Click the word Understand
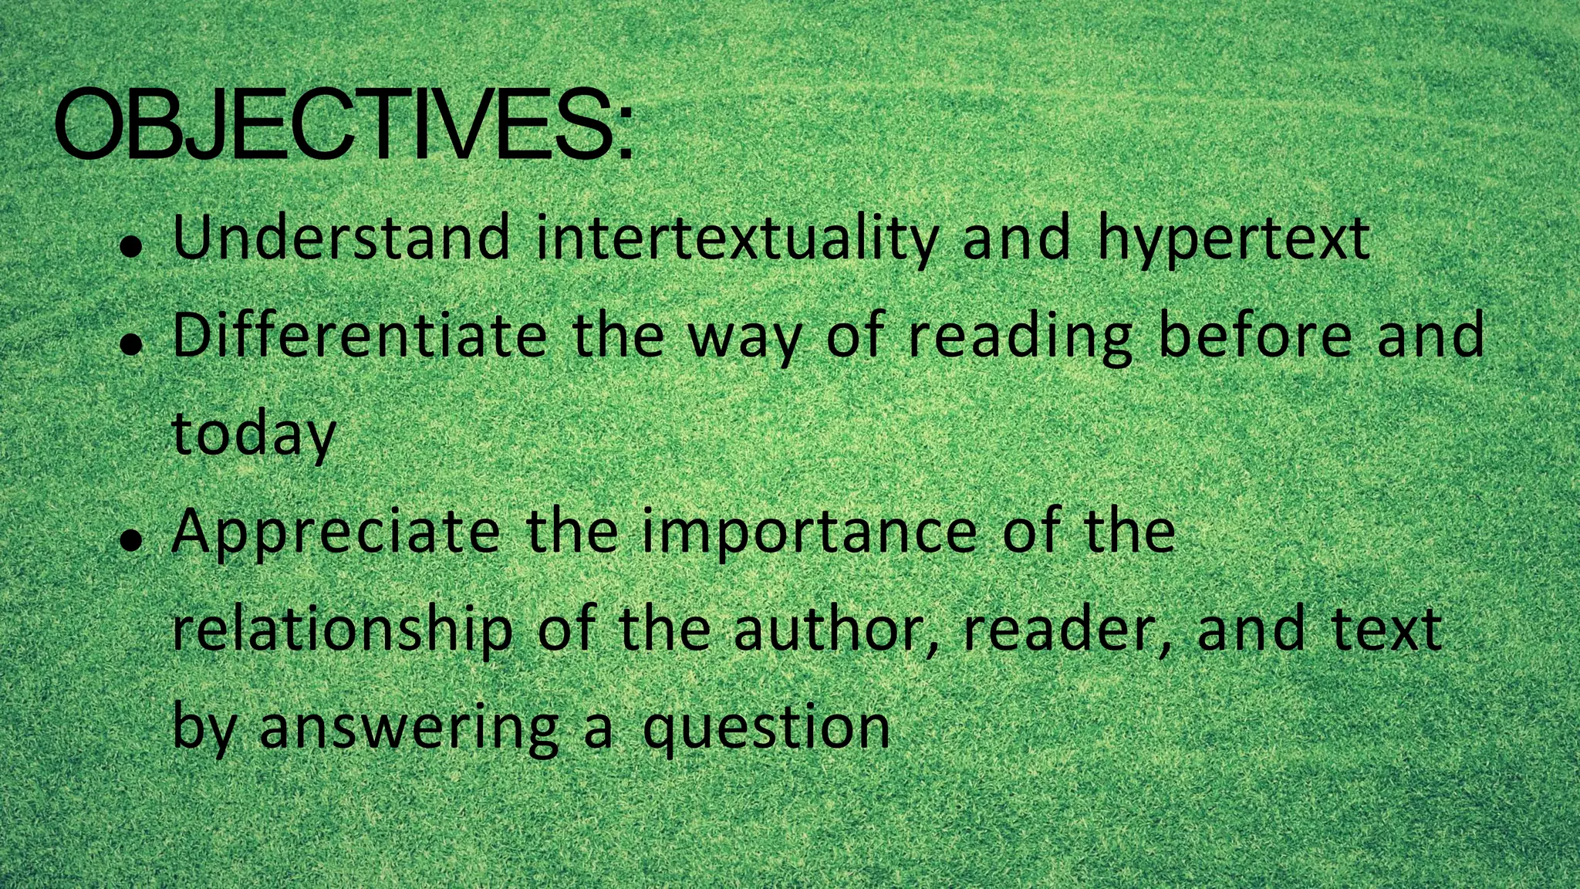click(341, 238)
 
